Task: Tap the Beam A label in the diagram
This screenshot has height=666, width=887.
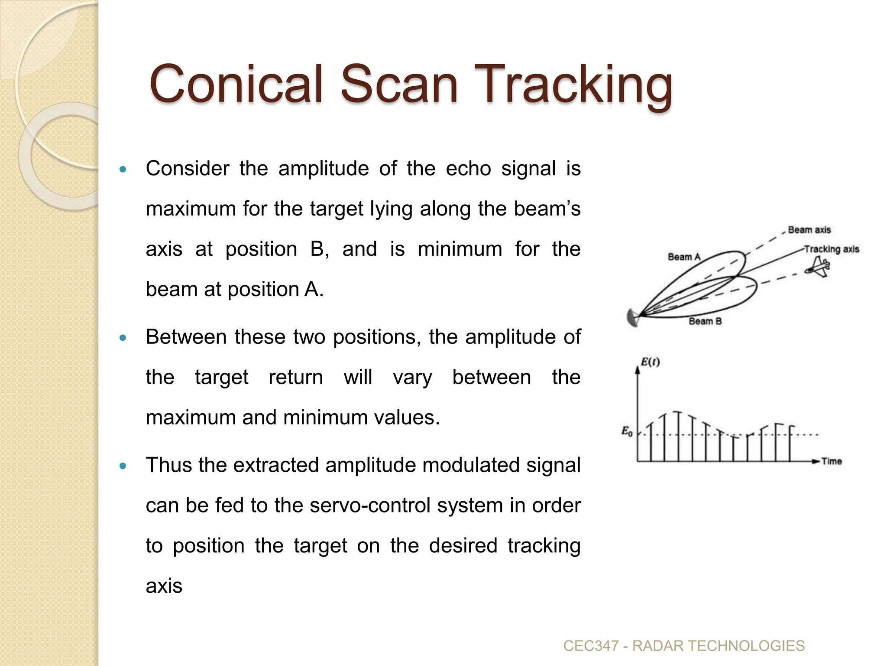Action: click(x=684, y=257)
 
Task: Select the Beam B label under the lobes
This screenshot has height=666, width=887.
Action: click(x=705, y=321)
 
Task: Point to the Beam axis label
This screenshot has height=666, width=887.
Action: click(x=809, y=230)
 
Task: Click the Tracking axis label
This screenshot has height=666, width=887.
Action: click(x=832, y=249)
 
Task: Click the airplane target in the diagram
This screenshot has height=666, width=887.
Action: click(x=817, y=267)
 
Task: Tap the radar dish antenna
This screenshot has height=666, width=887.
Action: click(x=632, y=318)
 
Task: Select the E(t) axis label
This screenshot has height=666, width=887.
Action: click(x=650, y=362)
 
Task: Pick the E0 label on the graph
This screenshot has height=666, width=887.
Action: click(x=627, y=431)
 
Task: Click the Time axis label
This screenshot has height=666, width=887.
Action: click(x=832, y=461)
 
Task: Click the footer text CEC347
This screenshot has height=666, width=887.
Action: click(x=591, y=646)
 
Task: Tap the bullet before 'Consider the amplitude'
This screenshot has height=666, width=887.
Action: click(x=123, y=169)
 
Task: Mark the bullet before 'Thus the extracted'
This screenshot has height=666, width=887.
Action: click(x=123, y=466)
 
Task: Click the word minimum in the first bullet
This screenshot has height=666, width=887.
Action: click(x=460, y=249)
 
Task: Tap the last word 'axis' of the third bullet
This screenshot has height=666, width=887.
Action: click(x=164, y=586)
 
